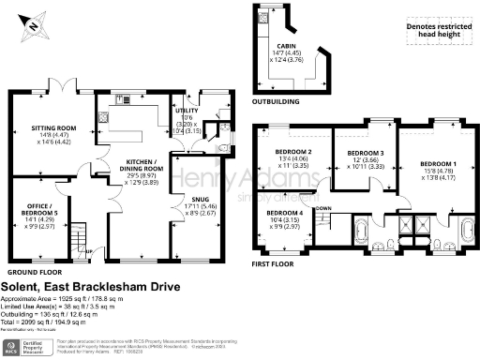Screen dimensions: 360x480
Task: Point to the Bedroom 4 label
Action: (x=285, y=219)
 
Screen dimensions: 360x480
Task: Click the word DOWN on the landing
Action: (x=323, y=208)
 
